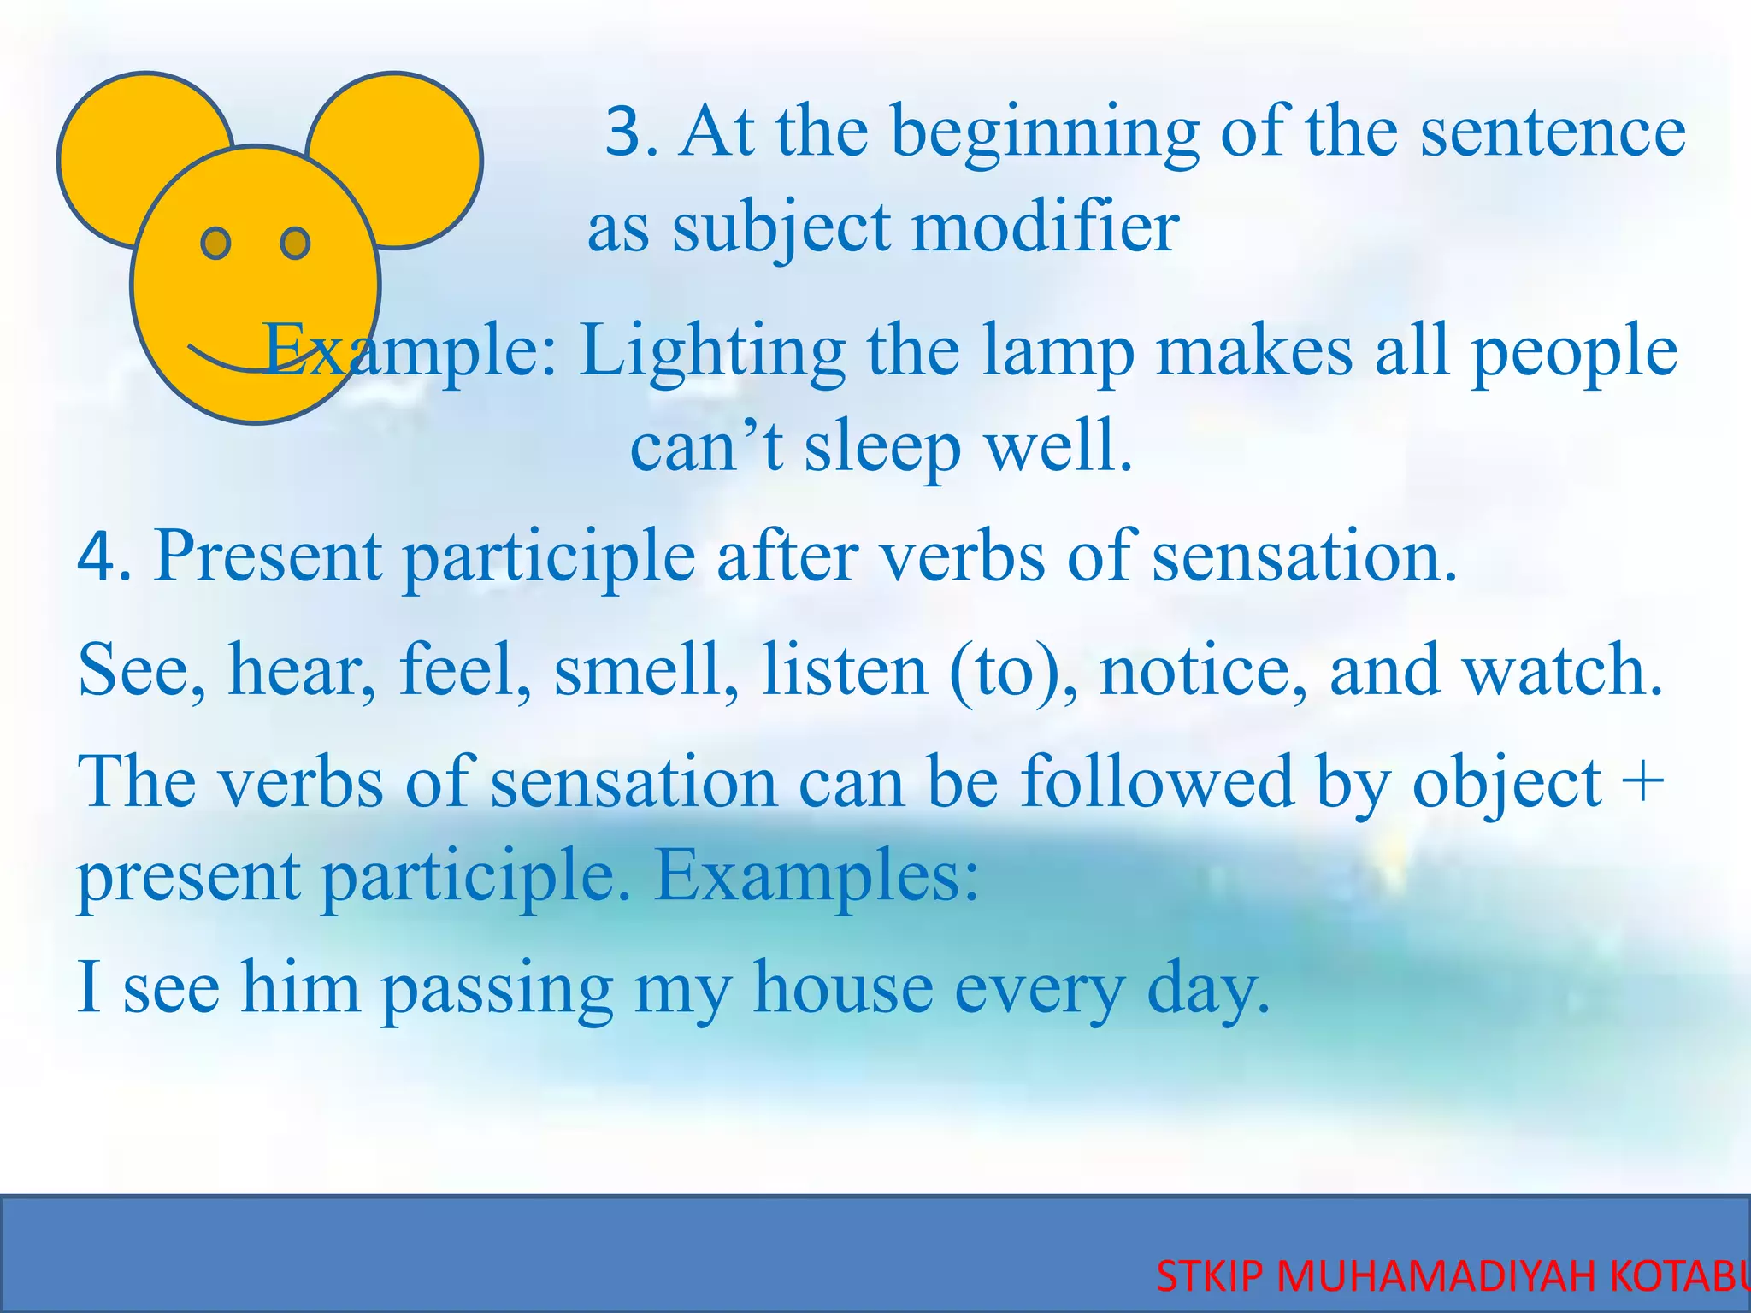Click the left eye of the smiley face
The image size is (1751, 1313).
[x=215, y=244]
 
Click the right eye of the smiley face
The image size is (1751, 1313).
[x=295, y=244]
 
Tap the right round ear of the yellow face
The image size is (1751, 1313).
[x=410, y=145]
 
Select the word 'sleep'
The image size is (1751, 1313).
[x=881, y=448]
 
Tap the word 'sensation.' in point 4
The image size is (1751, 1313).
[x=1303, y=557]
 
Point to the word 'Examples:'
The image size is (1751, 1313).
[x=817, y=877]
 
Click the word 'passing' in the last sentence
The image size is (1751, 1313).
[x=497, y=988]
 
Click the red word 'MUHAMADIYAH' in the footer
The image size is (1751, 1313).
[x=1436, y=1277]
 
